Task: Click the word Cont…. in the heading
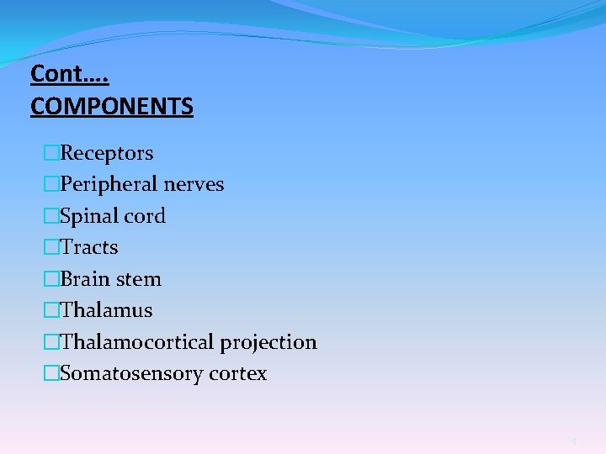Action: tap(70, 75)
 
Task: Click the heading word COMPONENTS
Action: tap(111, 107)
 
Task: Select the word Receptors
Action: tap(107, 153)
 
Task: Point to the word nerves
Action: tap(195, 184)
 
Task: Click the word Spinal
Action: tap(89, 216)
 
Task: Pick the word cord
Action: tap(145, 216)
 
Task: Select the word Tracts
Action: tap(89, 247)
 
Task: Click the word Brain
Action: tap(85, 279)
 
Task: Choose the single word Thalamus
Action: tap(107, 310)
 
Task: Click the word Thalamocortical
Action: tap(137, 342)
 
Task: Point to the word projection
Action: tap(268, 342)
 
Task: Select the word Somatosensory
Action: tap(127, 373)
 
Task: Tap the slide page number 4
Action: tap(573, 441)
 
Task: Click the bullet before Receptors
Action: tap(52, 153)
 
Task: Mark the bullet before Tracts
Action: tap(52, 247)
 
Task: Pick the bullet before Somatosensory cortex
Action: tap(52, 373)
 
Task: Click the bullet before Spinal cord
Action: tap(52, 216)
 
